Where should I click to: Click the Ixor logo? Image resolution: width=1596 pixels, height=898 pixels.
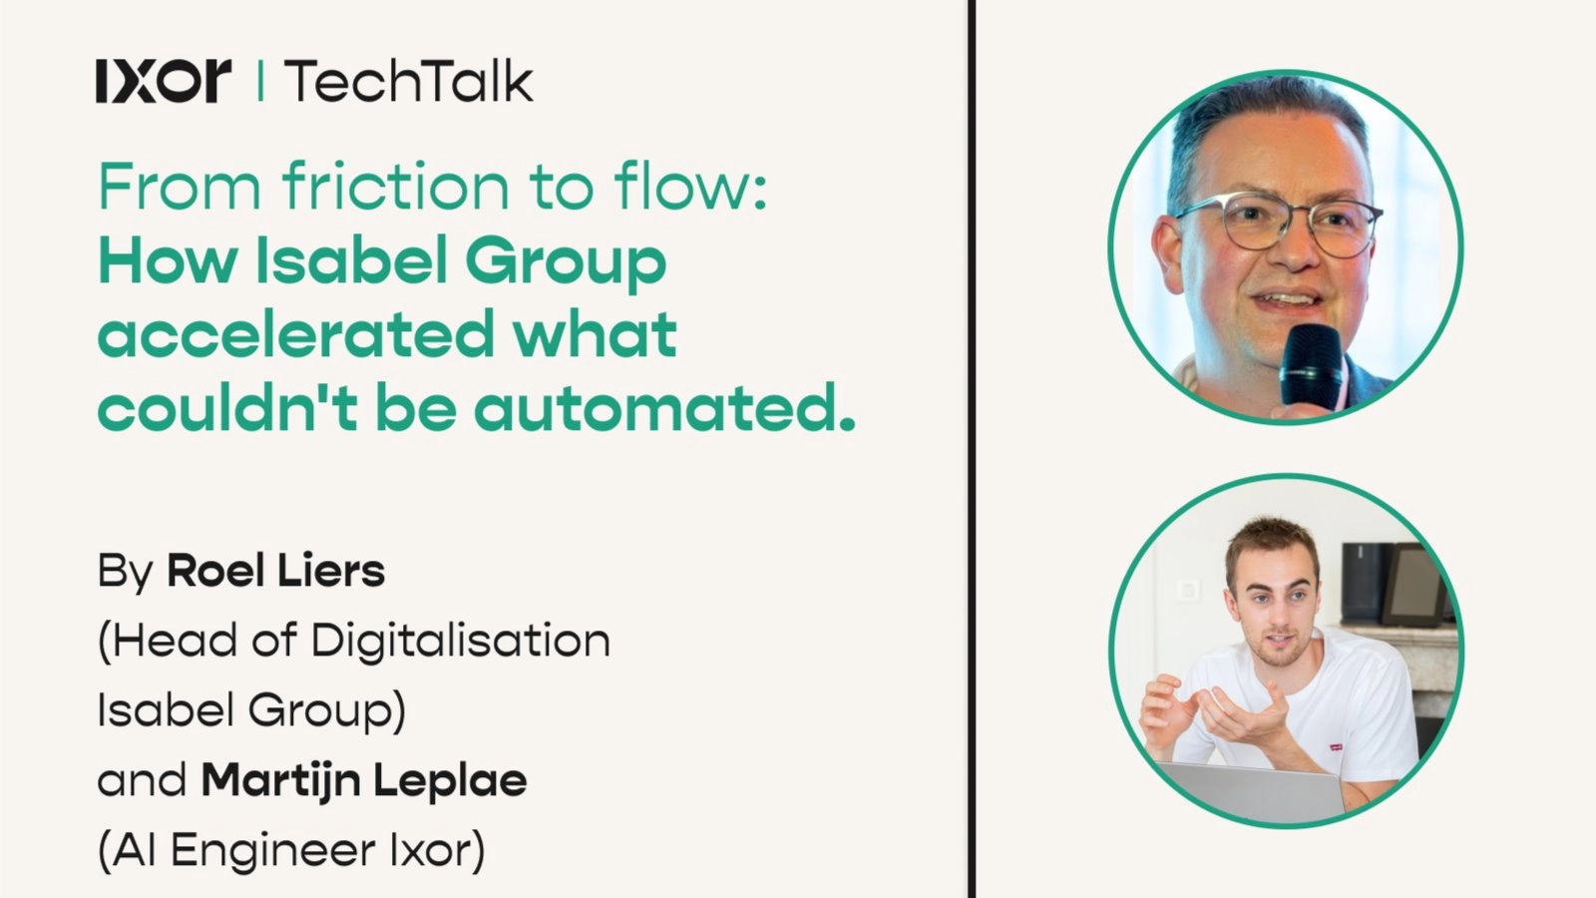(x=164, y=81)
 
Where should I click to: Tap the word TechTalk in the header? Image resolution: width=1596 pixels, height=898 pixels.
(x=409, y=81)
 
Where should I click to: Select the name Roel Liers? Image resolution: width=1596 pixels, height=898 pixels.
(x=275, y=572)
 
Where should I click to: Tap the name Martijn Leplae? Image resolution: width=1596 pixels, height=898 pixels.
(x=364, y=780)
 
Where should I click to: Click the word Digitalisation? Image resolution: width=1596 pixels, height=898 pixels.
(x=461, y=641)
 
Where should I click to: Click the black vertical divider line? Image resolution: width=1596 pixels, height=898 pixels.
(x=971, y=449)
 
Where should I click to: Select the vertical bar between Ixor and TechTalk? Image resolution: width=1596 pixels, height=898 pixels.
(x=260, y=81)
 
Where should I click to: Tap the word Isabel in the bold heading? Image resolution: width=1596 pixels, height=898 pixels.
(x=352, y=261)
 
